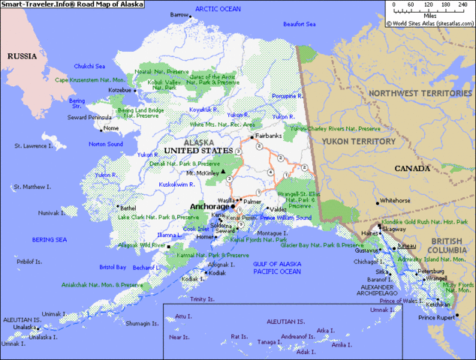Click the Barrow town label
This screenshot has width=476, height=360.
pos(179,15)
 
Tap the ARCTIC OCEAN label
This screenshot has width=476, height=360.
pos(218,9)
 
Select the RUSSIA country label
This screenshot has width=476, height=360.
pos(23,56)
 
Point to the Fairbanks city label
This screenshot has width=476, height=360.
pos(269,136)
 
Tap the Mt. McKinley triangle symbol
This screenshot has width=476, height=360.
pos(222,171)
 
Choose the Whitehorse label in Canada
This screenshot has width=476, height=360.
pos(395,201)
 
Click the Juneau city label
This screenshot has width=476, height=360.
pos(406,245)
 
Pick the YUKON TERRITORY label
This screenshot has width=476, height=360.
pos(358,141)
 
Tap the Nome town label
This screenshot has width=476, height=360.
pos(111,128)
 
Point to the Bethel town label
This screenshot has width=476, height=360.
pos(128,208)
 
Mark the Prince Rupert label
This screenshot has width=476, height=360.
pos(437,318)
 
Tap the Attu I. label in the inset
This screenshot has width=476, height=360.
pos(183,316)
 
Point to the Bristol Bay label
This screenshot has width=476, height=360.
pos(113,267)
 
